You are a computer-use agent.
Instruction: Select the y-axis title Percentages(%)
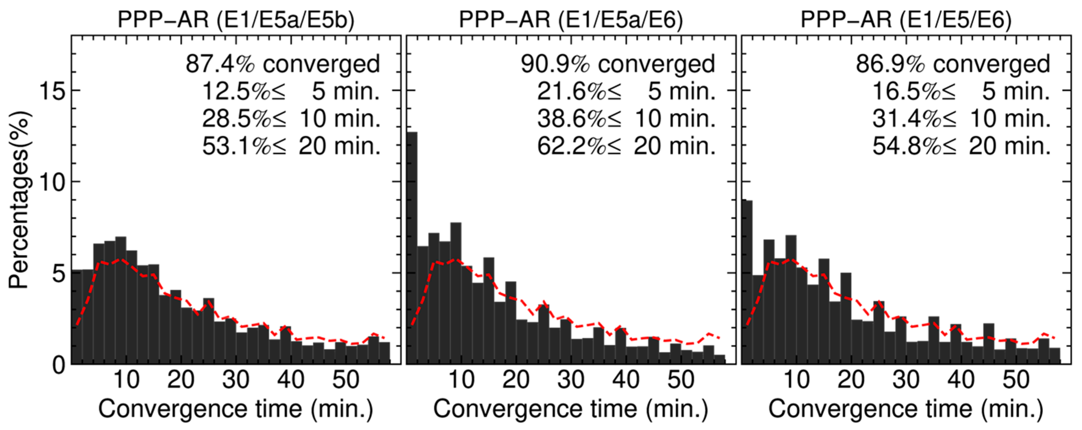pos(19,199)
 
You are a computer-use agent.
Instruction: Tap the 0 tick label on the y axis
pos(59,365)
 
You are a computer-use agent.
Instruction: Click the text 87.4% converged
pos(283,64)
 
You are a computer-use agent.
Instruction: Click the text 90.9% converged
pos(618,64)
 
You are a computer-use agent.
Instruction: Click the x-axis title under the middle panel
pos(571,409)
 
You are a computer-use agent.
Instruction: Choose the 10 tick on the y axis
pos(52,182)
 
